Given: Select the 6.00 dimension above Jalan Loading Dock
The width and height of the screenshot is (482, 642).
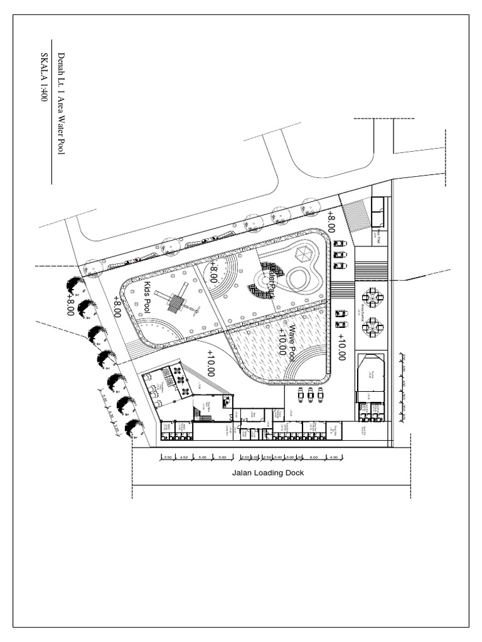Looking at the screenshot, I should tap(314, 457).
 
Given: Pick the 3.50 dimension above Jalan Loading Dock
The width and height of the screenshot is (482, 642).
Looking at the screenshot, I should tap(168, 457).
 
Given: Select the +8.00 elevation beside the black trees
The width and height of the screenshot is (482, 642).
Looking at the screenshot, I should tap(70, 306).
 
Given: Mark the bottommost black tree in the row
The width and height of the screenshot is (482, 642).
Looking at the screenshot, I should tap(132, 428).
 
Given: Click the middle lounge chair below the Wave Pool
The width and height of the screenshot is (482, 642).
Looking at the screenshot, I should tap(311, 394).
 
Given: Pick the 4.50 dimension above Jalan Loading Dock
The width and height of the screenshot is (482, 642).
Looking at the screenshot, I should tap(184, 457).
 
